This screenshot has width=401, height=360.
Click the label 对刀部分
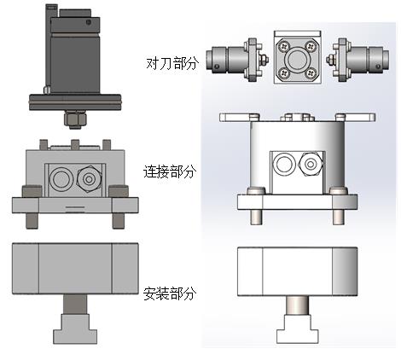tap(171, 63)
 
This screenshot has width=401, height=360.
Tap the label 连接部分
tap(170, 171)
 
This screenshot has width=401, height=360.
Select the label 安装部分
tap(170, 293)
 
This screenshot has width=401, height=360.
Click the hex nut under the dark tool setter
tap(75, 119)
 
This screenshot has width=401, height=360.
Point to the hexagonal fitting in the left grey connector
tap(90, 179)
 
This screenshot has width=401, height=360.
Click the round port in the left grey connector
tap(61, 179)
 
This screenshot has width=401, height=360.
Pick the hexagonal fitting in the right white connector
tap(311, 164)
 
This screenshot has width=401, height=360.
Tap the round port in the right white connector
tap(285, 163)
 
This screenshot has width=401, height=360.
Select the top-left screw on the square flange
tap(283, 45)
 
